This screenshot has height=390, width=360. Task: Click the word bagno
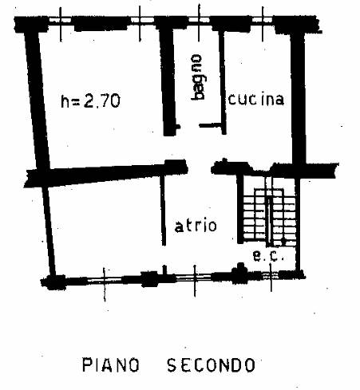tap(199, 77)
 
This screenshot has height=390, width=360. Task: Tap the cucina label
tap(256, 99)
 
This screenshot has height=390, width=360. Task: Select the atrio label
tap(196, 226)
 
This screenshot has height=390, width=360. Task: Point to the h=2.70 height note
tap(90, 100)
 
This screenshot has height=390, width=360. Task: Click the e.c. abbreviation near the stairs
tap(268, 256)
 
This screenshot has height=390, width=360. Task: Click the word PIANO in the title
tap(110, 364)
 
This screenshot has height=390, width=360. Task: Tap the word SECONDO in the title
tap(212, 364)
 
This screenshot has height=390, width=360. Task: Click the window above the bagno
tap(199, 20)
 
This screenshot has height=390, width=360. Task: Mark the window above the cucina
tap(263, 20)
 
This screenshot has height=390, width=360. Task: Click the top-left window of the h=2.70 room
tap(61, 20)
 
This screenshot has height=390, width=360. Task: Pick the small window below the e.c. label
tap(271, 275)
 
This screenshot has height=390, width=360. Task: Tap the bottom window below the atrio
tap(194, 278)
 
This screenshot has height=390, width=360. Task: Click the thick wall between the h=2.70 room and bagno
tap(168, 80)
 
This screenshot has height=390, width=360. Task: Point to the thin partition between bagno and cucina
tap(223, 82)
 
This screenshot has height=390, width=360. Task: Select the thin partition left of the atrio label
tap(163, 210)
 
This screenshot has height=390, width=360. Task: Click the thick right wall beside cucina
tap(298, 97)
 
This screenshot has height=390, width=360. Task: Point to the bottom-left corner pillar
tap(53, 282)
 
